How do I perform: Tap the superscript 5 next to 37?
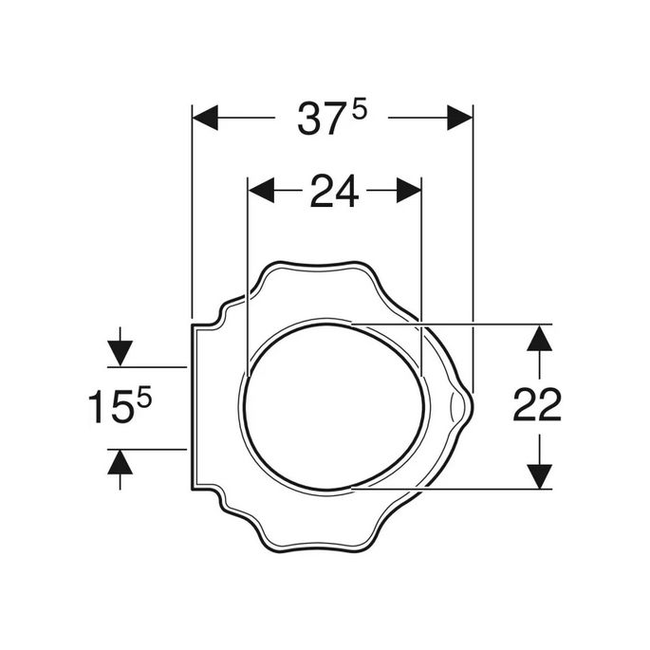359,110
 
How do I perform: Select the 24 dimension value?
334,193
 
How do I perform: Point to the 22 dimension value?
537,406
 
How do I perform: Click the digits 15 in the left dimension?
110,408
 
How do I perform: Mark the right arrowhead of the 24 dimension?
409,190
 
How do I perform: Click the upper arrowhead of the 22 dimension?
539,338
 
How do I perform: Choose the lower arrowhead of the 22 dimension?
539,475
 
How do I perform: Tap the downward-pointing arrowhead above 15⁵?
121,353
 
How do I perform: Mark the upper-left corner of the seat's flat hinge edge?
193,325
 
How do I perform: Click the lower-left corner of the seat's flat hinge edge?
193,490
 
